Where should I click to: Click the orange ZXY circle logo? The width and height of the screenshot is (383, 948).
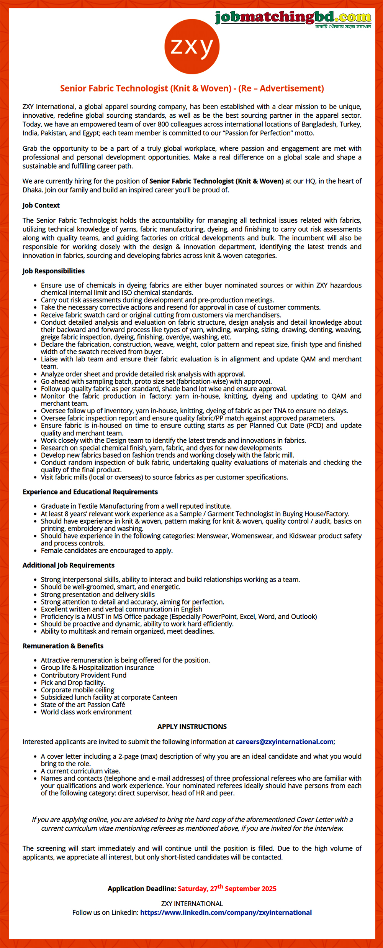click(x=192, y=46)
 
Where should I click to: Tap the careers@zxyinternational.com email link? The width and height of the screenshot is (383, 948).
click(x=284, y=741)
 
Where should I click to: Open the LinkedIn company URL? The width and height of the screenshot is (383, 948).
click(x=226, y=912)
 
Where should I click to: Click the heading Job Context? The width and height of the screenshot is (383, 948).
click(x=41, y=205)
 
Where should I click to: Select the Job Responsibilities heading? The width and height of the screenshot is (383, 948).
click(x=54, y=271)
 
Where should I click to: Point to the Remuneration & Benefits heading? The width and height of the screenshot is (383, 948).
click(x=63, y=646)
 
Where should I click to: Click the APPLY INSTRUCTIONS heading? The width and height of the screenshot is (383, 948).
click(x=192, y=726)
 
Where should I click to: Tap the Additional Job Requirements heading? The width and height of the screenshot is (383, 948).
click(x=69, y=565)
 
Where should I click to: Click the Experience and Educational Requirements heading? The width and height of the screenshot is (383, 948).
click(x=90, y=492)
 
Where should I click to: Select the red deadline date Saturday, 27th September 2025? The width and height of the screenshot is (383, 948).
click(x=227, y=889)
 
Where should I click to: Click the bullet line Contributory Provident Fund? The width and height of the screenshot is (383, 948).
click(x=83, y=675)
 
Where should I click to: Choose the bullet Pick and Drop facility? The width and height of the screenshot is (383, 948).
click(x=73, y=682)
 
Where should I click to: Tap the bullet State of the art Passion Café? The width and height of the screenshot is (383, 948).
click(x=83, y=705)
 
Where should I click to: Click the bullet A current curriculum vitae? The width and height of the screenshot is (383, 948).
click(x=80, y=771)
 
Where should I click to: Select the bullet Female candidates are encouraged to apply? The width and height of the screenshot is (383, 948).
click(x=107, y=550)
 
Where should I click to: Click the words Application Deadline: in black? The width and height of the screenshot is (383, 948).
click(x=142, y=889)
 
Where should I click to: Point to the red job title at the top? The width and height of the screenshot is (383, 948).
click(x=192, y=89)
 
